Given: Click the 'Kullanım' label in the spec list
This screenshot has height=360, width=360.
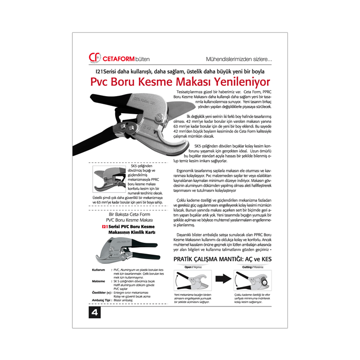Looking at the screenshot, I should (x=99, y=269).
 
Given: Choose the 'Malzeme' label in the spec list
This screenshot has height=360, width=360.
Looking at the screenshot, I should (x=99, y=281).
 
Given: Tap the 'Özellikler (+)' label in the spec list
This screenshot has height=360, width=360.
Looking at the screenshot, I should (x=102, y=292).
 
